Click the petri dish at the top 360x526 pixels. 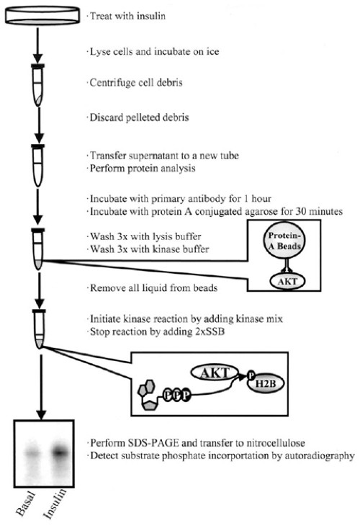tap(42, 15)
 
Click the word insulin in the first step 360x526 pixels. tap(150, 16)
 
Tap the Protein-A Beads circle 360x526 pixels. tap(284, 241)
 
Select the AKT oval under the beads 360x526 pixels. tap(287, 282)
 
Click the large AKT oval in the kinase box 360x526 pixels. tap(215, 373)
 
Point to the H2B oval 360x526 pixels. tap(266, 383)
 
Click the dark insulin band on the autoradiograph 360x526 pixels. tap(60, 452)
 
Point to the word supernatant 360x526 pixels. tap(156, 156)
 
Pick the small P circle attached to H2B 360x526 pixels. tap(251, 375)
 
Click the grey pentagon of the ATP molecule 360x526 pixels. tap(148, 405)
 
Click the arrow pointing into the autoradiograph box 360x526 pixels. tap(40, 388)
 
